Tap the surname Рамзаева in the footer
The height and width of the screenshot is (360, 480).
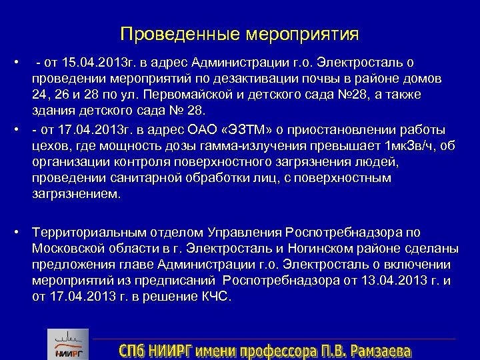pyautogui.click(x=379, y=350)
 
